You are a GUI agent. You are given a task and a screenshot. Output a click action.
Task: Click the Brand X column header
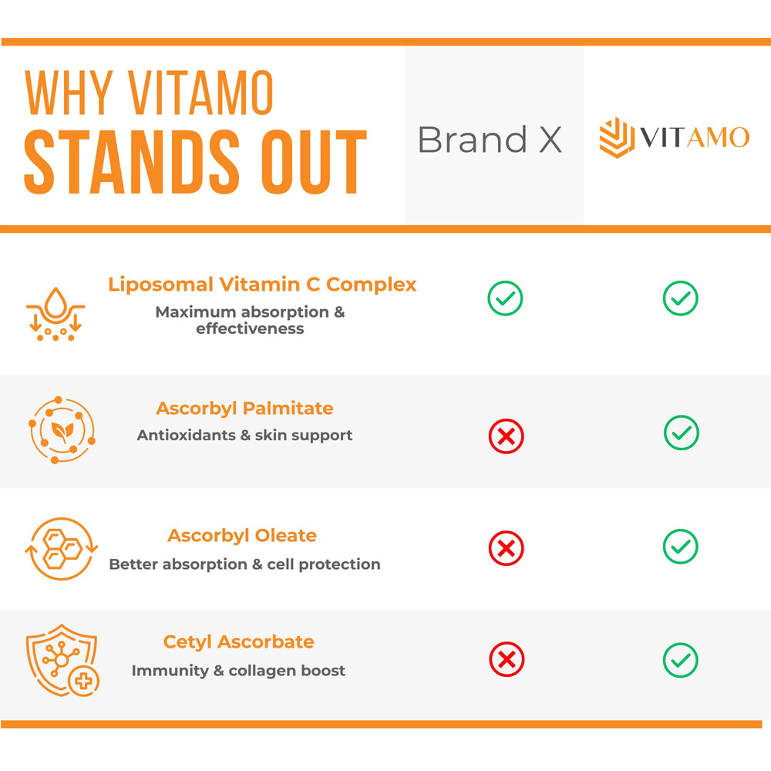(490, 140)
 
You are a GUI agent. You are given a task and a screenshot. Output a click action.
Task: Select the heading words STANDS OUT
(195, 163)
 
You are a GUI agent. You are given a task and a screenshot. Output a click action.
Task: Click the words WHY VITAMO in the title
(150, 93)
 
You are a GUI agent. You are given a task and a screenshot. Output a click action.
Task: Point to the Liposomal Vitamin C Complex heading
(262, 284)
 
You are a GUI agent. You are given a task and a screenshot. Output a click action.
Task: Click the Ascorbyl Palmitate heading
(244, 408)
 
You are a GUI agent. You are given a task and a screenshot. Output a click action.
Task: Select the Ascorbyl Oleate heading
(242, 535)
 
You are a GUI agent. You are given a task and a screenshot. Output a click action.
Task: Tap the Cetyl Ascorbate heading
(238, 641)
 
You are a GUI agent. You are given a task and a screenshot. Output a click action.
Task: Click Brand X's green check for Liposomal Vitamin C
(505, 298)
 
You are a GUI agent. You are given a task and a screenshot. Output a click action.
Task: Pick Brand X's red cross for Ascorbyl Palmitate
(506, 436)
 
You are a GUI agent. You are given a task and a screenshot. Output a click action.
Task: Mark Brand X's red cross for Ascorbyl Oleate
(506, 549)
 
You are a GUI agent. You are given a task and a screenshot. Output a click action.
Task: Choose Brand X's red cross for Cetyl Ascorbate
(507, 660)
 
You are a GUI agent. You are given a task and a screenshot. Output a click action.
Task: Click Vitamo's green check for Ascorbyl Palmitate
(681, 433)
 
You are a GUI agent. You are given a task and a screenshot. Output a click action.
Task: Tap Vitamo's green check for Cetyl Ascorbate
(680, 660)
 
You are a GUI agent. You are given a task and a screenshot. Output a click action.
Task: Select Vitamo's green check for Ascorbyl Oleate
(680, 547)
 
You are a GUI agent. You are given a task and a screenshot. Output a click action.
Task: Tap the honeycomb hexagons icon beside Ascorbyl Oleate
(62, 549)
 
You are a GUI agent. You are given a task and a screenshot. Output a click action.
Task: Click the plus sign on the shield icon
(82, 681)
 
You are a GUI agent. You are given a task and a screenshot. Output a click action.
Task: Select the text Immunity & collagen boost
(238, 671)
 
